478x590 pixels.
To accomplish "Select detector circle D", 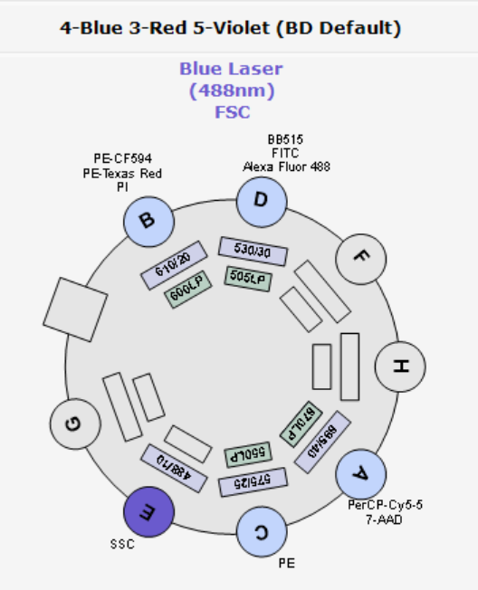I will tap(262, 201).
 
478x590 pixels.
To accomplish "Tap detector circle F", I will tap(360, 258).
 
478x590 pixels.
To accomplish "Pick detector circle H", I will tap(398, 366).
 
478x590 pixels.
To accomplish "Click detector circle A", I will tap(360, 473).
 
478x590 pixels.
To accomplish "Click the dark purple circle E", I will tap(150, 511).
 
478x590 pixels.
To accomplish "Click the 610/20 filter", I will tap(173, 271).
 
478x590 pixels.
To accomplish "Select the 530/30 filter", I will tap(253, 251).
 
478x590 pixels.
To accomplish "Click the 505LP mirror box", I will tap(247, 279).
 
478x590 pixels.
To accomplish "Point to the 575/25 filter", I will tap(253, 482).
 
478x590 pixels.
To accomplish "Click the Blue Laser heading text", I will tap(231, 69).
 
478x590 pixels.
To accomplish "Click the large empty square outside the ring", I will tap(76, 309).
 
